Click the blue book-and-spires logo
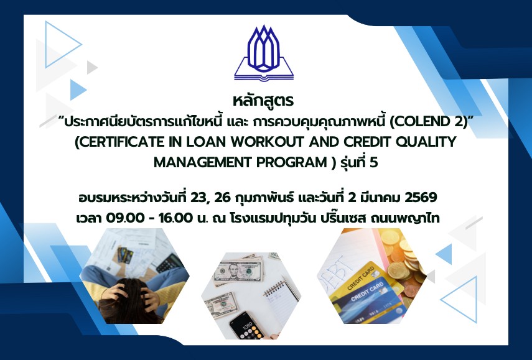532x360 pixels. click(264, 53)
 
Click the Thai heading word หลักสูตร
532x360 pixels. click(263, 101)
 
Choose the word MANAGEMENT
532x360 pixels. click(203, 163)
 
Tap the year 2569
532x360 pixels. click(421, 197)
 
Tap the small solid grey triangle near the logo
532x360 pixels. click(92, 67)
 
